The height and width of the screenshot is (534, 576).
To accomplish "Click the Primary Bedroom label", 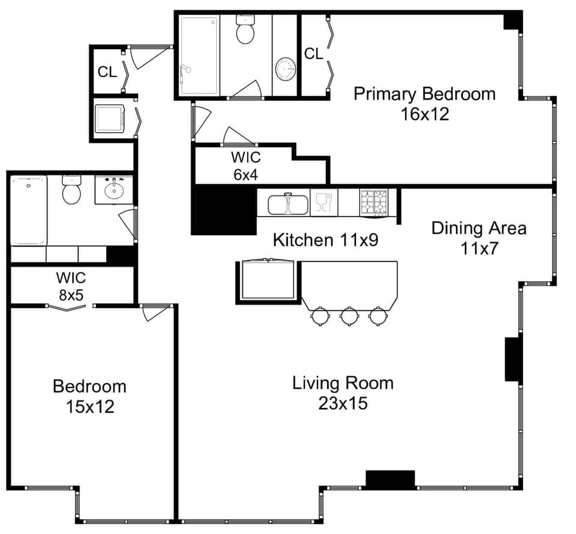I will pos(424,94).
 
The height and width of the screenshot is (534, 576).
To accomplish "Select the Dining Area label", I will pos(479,228).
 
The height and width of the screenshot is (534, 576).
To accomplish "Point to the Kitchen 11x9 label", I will pos(328,240).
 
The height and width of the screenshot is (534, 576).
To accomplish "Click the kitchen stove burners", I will pos(374,202).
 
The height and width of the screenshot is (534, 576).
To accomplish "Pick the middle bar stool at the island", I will pos(349,315).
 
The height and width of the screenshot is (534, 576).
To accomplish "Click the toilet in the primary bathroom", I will pos(245,30).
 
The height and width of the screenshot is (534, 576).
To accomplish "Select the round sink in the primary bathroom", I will pos(286,68).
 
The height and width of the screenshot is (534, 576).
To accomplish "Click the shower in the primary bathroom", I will pos(199,55).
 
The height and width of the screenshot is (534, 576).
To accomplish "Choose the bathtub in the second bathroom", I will pos(28,210).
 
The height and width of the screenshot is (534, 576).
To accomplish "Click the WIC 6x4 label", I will pos(246,166).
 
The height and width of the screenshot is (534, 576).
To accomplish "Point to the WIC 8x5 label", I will pos(71,286).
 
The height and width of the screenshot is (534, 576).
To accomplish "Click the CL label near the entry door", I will pos(107,72).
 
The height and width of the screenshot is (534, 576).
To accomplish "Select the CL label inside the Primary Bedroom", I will pos(313,54).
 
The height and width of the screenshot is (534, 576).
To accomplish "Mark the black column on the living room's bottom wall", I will pos(390,479).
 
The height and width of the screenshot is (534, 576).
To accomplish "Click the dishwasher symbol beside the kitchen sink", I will pos(323,202).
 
